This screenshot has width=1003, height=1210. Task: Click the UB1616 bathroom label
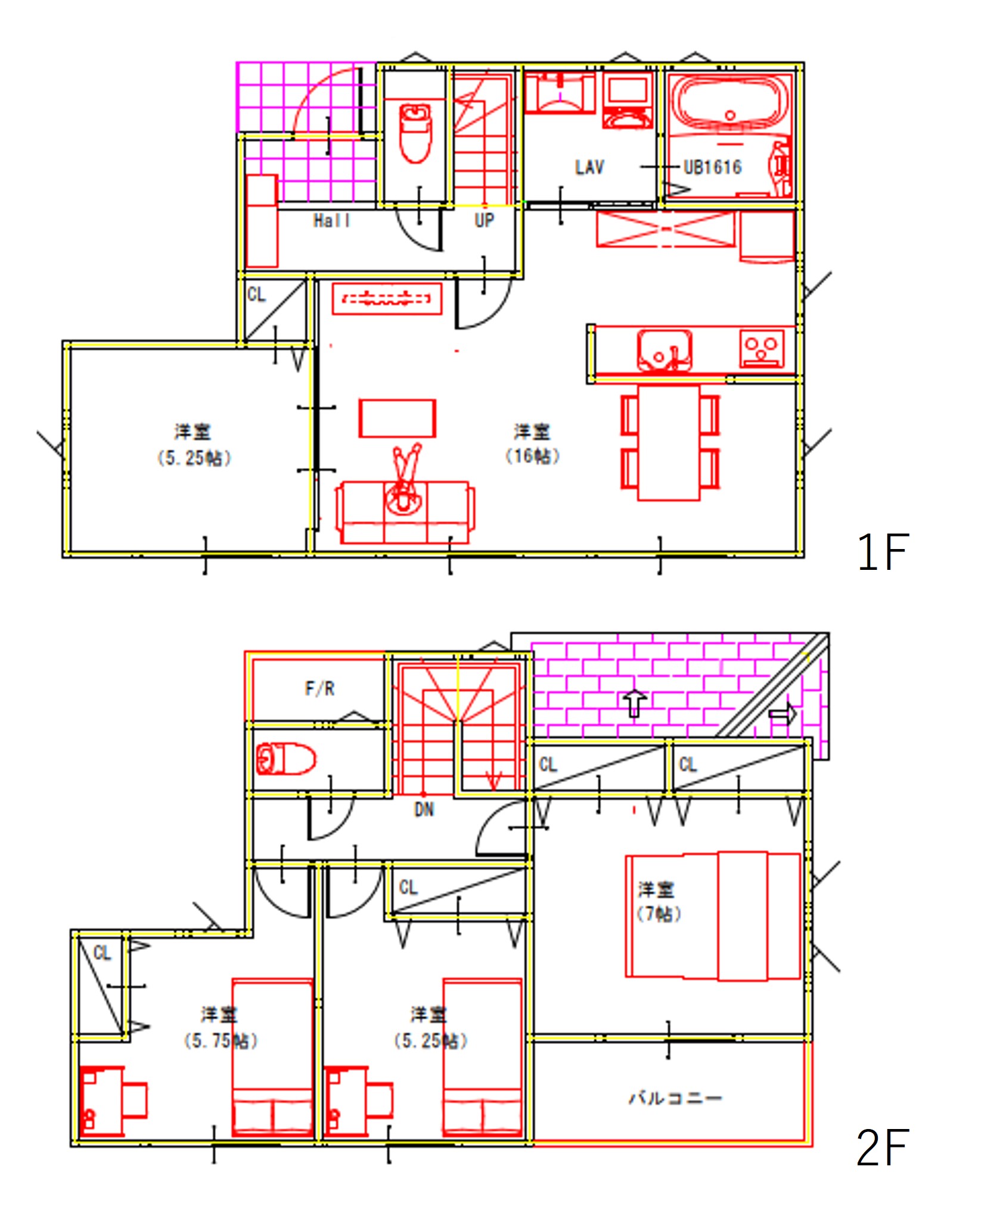click(712, 167)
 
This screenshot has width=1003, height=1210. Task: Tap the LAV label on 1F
click(589, 167)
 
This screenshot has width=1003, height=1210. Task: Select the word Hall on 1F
click(331, 221)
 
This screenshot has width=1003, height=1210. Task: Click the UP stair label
click(484, 221)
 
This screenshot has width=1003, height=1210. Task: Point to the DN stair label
click(424, 809)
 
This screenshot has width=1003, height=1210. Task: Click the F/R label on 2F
click(319, 689)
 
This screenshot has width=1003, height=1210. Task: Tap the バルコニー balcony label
click(675, 1097)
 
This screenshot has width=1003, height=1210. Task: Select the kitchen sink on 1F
click(664, 351)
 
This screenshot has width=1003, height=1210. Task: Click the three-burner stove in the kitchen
click(762, 349)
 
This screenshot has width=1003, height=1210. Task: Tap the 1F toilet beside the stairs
click(415, 132)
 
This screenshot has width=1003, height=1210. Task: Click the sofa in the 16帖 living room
click(405, 513)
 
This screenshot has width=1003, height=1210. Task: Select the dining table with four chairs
click(669, 442)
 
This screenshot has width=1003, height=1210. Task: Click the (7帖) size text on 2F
click(659, 914)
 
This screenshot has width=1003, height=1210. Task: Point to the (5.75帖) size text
click(221, 1041)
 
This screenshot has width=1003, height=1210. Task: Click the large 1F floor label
click(882, 552)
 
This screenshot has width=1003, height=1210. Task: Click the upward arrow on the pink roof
click(635, 703)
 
